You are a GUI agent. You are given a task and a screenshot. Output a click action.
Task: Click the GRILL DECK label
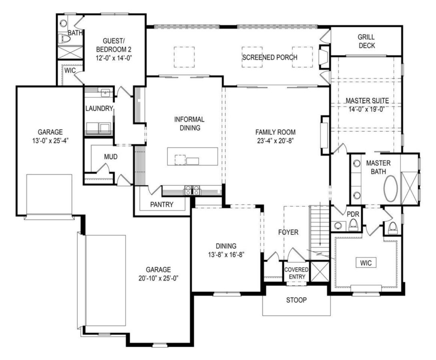tap(366, 41)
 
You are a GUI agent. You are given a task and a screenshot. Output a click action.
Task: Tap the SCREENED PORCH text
tap(269, 57)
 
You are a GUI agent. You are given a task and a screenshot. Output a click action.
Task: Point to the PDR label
tap(352, 214)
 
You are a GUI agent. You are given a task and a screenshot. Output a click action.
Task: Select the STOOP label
tap(296, 300)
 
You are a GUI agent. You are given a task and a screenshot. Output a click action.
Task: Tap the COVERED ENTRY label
tap(296, 273)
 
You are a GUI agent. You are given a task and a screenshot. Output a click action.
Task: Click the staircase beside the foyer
tap(319, 230)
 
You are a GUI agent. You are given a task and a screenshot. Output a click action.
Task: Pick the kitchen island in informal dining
tap(193, 156)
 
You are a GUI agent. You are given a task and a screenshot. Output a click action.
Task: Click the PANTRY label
tap(162, 204)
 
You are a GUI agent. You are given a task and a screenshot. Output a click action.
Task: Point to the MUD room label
tap(111, 157)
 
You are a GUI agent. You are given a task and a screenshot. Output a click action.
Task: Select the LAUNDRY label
tap(99, 109)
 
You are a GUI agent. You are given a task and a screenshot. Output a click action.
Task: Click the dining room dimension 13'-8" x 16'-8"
tap(226, 254)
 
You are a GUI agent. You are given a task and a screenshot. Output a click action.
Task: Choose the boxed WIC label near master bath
tap(366, 263)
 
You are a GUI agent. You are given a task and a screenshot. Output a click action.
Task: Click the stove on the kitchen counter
tap(192, 190)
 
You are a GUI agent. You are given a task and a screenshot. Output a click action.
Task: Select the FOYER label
tap(289, 232)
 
